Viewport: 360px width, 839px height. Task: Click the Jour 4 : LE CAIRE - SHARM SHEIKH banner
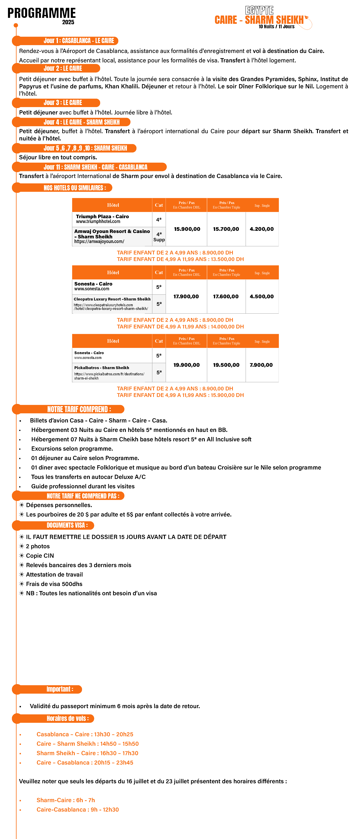tap(81, 122)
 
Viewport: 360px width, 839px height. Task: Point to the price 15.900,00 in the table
tap(187, 229)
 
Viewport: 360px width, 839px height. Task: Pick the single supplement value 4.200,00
tap(262, 229)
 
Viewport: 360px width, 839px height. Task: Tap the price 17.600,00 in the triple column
tap(226, 296)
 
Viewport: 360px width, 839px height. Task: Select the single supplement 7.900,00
tap(261, 365)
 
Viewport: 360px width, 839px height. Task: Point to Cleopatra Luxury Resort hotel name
tap(112, 299)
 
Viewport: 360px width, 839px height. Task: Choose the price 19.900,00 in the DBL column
tap(186, 365)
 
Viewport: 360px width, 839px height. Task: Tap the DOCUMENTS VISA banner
tap(67, 525)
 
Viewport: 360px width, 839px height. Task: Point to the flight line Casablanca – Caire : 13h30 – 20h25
tap(85, 734)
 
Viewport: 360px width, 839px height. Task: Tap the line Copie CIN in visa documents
tap(40, 556)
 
